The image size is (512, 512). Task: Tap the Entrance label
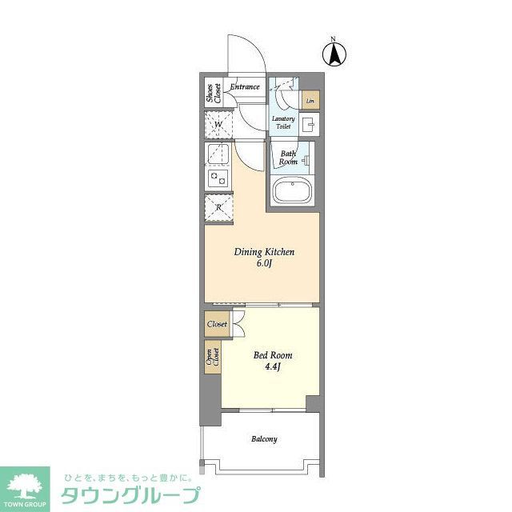(245, 86)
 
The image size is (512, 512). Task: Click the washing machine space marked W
(218, 125)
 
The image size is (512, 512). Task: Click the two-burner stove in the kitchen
(218, 177)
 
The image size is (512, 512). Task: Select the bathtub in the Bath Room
(291, 192)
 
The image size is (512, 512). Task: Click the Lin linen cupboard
(310, 101)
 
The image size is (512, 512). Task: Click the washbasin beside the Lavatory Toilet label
(310, 123)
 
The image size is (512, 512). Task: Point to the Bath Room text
(288, 157)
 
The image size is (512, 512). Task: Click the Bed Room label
(273, 355)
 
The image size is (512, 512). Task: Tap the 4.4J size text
(273, 368)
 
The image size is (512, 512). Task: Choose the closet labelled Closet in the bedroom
(217, 325)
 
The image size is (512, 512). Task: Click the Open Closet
(214, 357)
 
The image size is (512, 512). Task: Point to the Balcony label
(264, 439)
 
